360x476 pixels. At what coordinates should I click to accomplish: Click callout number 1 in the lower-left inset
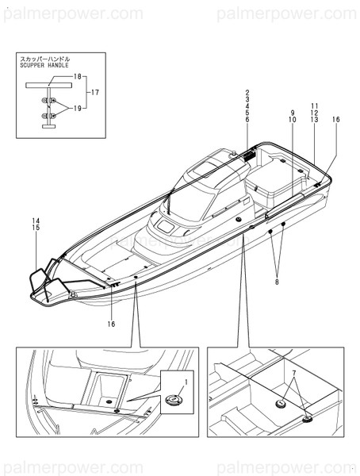click(186, 383)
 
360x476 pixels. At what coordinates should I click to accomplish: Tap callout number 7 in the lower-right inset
click(293, 372)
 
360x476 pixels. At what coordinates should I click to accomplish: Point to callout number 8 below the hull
click(277, 282)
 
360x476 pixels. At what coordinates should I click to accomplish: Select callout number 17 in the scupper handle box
click(95, 92)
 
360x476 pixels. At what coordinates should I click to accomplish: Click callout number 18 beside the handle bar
click(78, 76)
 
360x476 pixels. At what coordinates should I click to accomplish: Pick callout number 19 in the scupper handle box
click(78, 108)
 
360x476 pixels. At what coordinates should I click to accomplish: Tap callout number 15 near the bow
click(35, 228)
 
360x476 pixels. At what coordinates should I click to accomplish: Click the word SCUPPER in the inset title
click(35, 66)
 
